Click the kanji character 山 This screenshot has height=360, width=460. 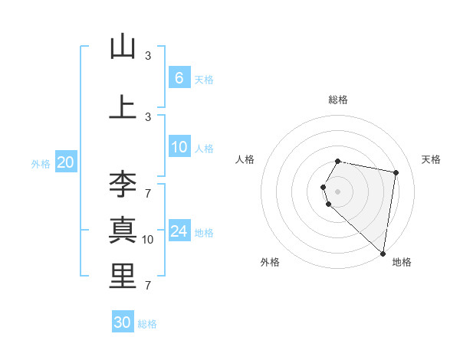[x=123, y=47]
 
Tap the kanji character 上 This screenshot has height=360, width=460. [x=123, y=107]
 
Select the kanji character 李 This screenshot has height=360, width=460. [x=123, y=185]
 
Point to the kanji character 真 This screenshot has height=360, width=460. [x=123, y=231]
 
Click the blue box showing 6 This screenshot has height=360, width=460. [x=179, y=78]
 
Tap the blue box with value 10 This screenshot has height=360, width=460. [x=179, y=147]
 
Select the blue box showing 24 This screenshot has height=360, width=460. [x=179, y=231]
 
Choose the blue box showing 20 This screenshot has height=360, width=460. [x=65, y=162]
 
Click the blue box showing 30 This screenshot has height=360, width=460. [x=123, y=322]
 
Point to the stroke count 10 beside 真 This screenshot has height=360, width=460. [x=148, y=240]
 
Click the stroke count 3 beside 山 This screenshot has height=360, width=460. [x=148, y=56]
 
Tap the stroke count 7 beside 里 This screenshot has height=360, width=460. [x=148, y=286]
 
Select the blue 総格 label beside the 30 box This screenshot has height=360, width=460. [x=147, y=324]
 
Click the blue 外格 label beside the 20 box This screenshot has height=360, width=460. [x=41, y=163]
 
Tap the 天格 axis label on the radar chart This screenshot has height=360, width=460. [x=431, y=159]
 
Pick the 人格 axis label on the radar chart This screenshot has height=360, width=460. [x=245, y=159]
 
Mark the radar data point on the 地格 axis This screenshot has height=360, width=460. [x=383, y=254]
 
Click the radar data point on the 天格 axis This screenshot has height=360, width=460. [x=396, y=172]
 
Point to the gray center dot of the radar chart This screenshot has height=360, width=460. [x=337, y=191]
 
